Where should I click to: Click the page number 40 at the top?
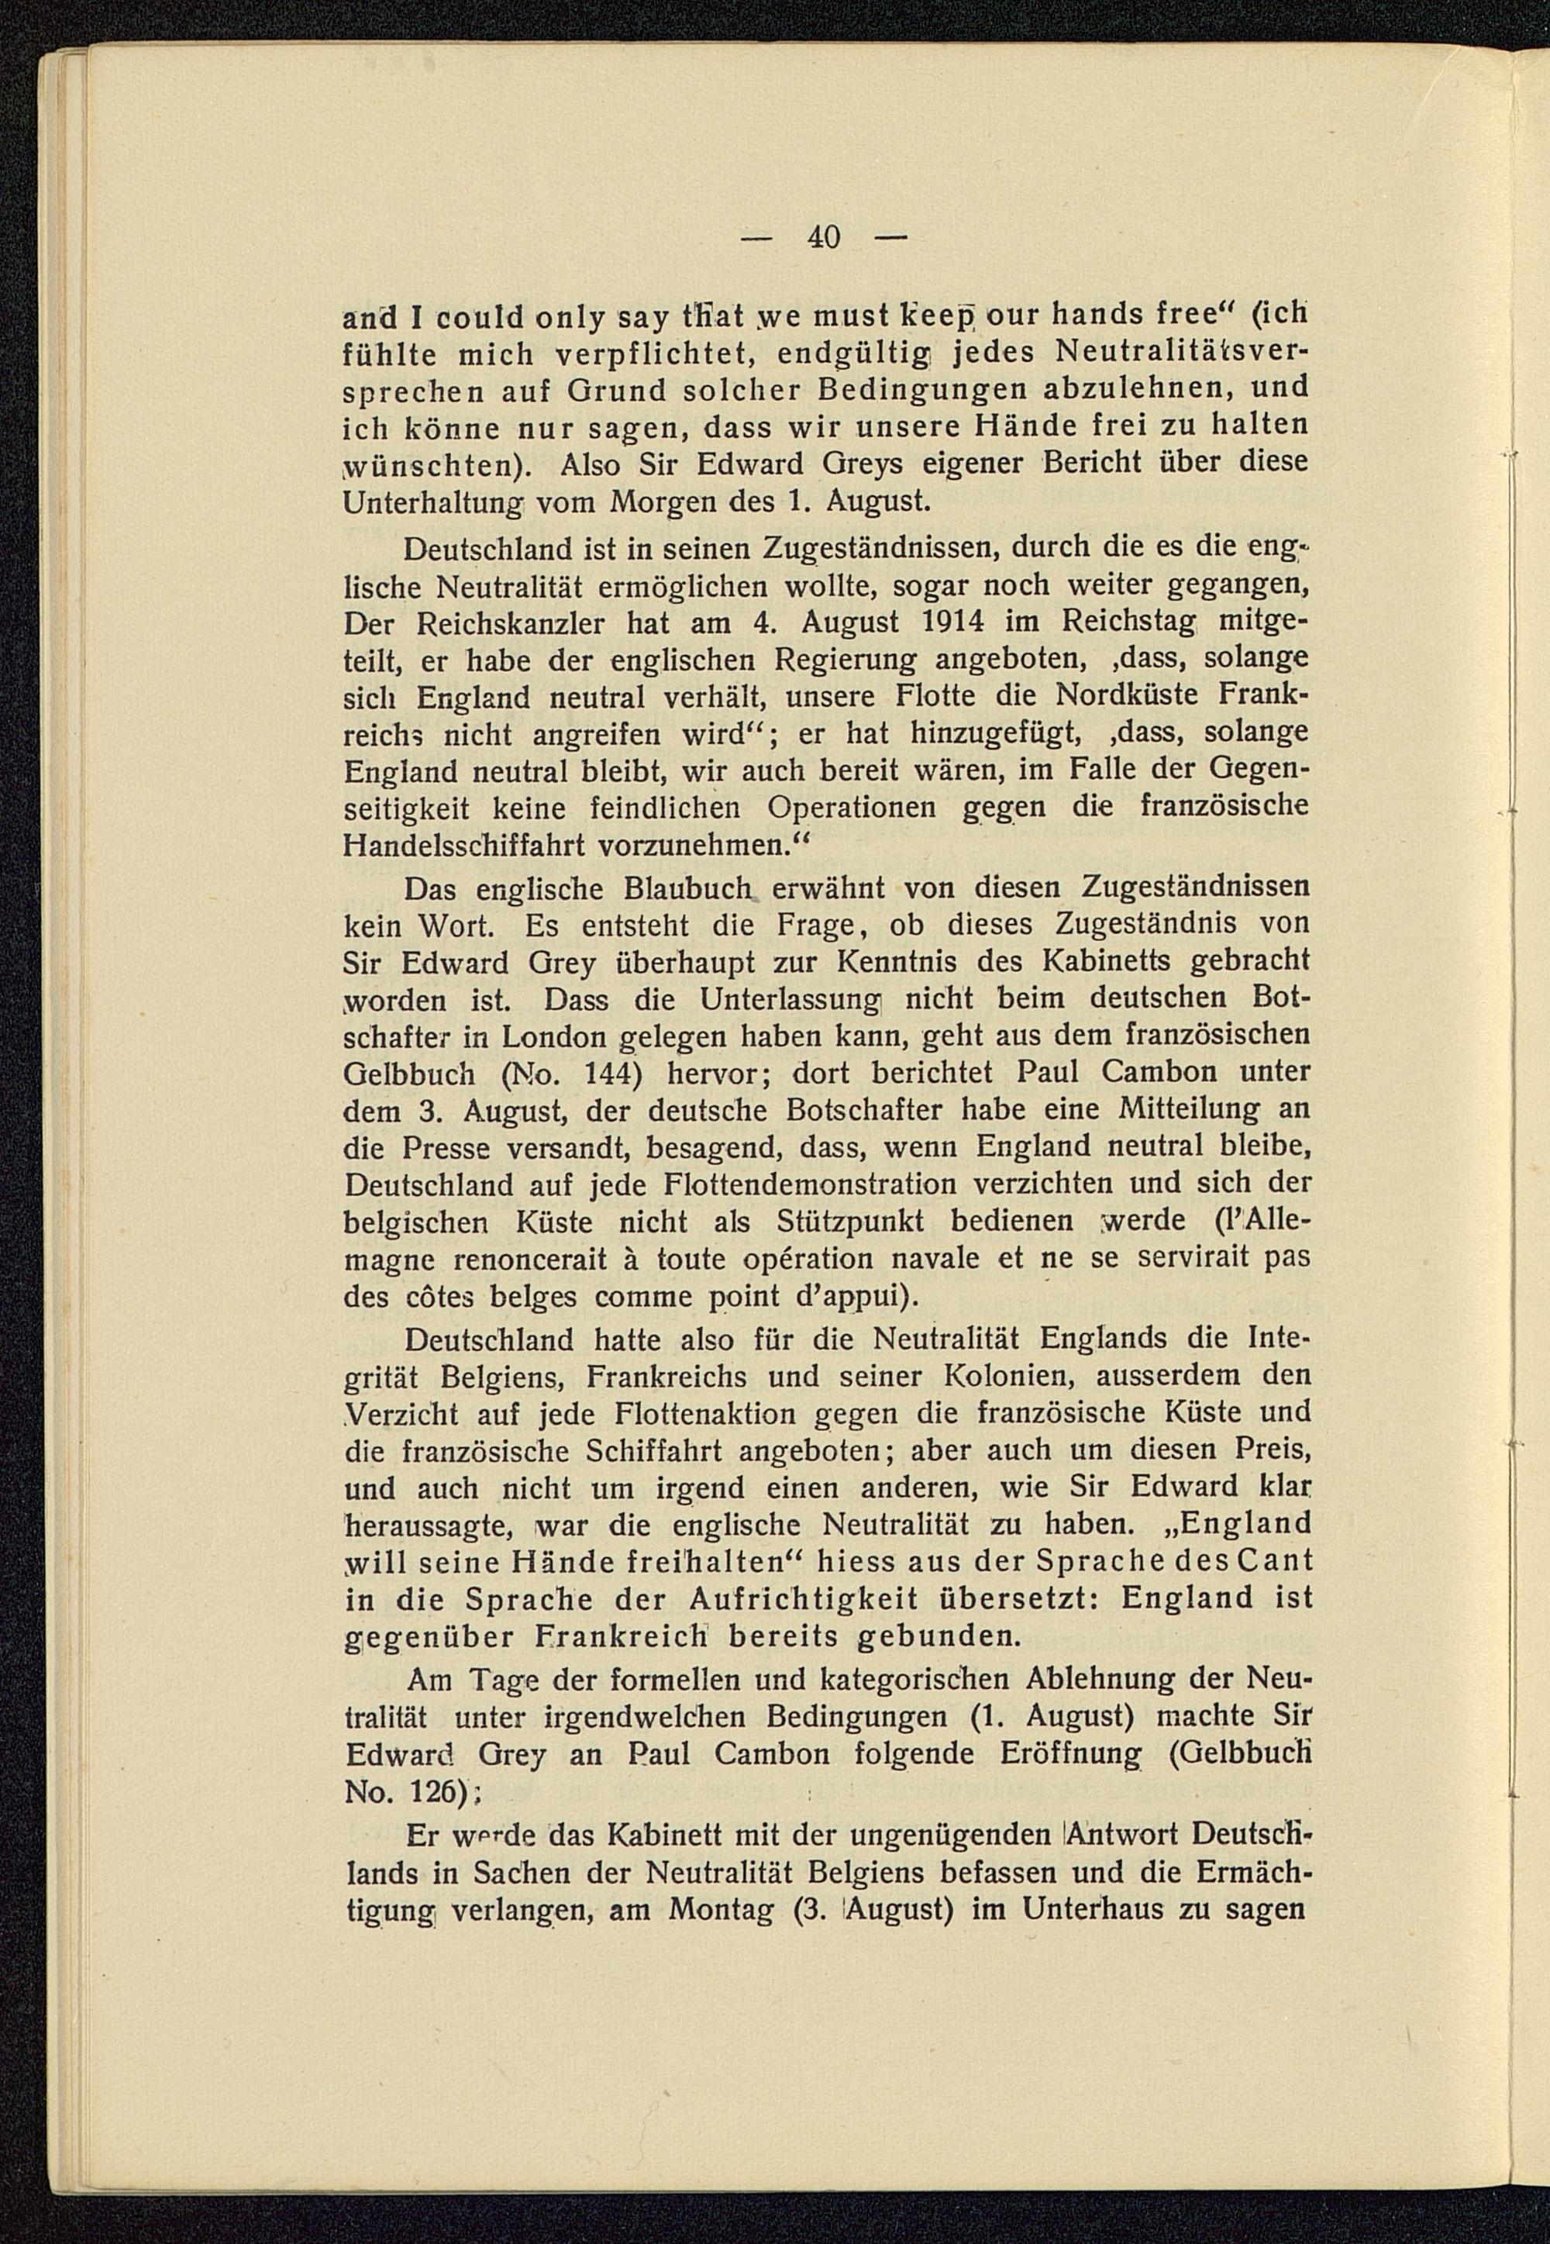pos(821,236)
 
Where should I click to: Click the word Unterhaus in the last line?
pos(1082,1910)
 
